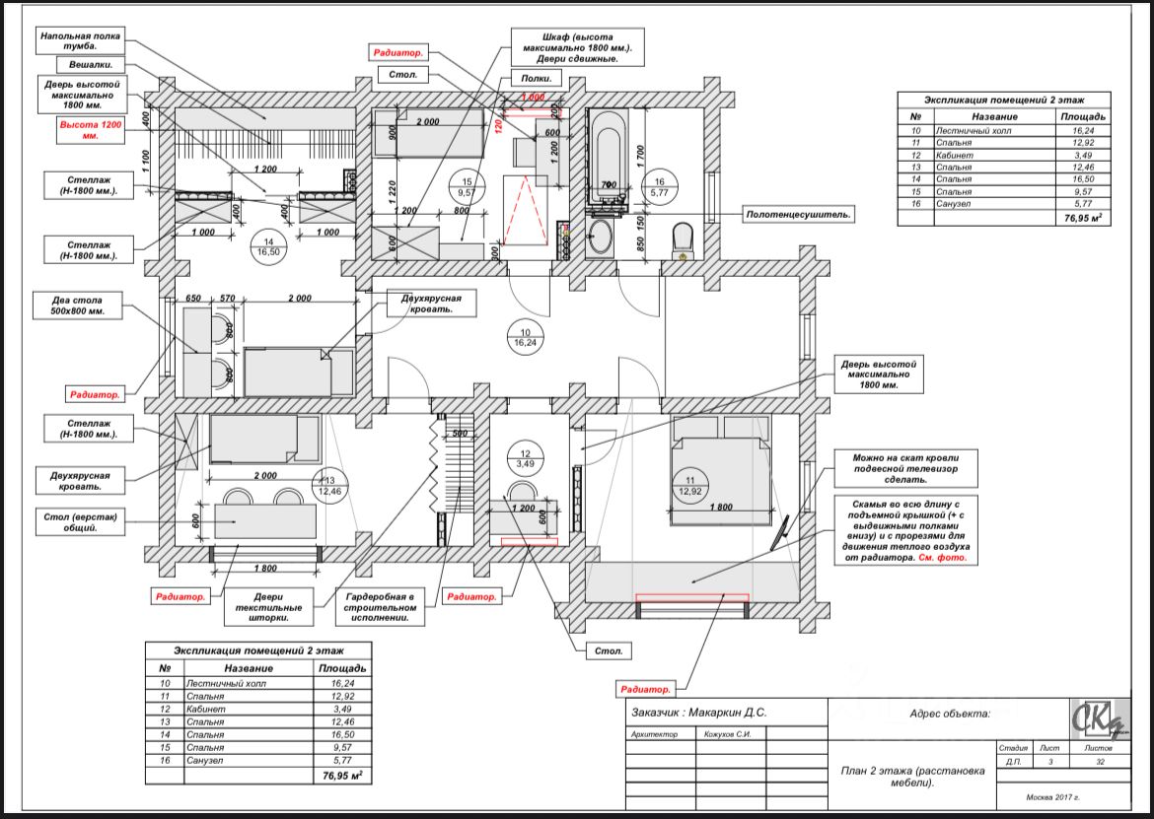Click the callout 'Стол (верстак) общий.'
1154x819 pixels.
point(84,521)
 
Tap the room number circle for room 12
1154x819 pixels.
point(526,457)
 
